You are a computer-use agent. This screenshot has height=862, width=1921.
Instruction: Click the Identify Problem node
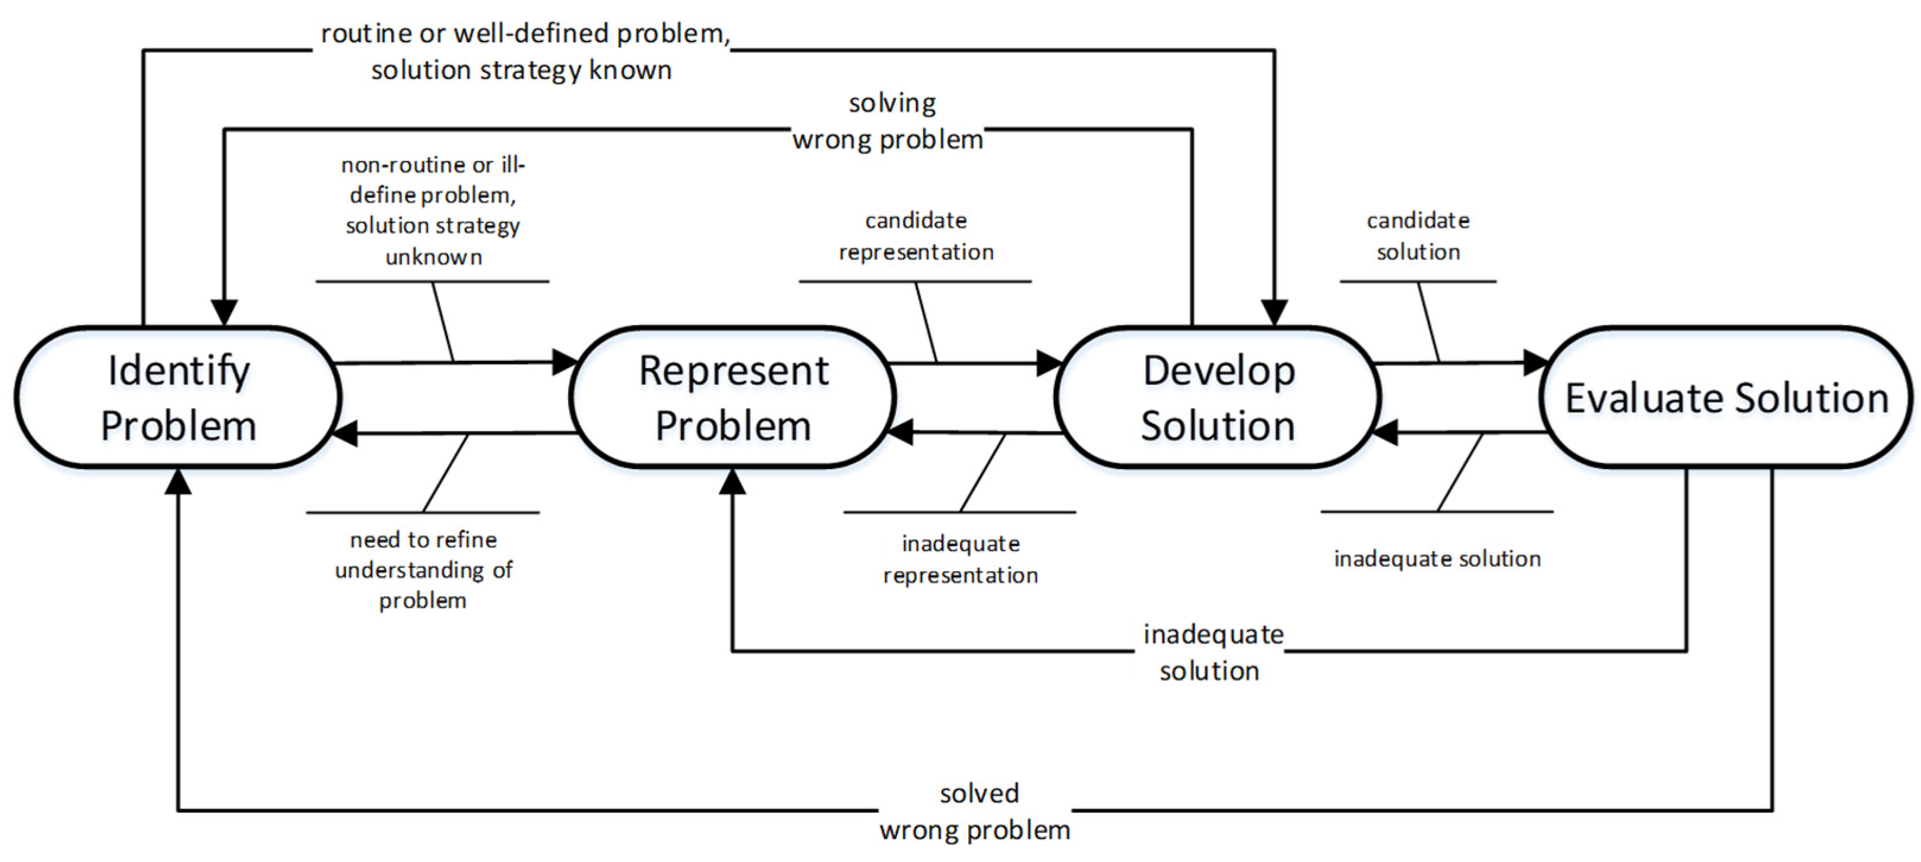177,397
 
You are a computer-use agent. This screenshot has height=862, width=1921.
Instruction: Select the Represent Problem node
733,397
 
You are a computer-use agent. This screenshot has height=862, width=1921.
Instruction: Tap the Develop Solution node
1218,397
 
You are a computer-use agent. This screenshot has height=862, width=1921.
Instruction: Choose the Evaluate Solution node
1726,397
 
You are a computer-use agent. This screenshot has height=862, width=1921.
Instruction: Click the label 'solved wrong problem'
975,812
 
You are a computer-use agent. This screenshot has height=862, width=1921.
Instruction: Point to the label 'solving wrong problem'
889,122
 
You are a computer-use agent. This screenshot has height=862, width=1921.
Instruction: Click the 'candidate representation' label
917,236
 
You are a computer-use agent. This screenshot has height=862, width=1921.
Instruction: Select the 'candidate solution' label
1418,236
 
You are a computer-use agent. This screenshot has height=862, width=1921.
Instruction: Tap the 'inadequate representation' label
960,559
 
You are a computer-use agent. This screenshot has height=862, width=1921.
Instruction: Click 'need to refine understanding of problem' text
424,570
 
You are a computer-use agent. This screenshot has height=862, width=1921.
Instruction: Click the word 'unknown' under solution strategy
434,257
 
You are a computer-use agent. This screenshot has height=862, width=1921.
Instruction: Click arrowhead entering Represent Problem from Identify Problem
565,362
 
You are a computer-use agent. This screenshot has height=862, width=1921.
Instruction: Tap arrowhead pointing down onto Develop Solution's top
1275,313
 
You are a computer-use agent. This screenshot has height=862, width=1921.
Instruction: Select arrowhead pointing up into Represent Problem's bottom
733,481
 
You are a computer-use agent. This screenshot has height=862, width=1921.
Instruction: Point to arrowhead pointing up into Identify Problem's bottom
178,481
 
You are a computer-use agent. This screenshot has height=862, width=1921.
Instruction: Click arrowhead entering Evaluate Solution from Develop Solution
1536,363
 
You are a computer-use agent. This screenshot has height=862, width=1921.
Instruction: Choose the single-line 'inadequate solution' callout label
1437,559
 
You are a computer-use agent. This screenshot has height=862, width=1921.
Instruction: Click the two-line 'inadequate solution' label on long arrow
1212,652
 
